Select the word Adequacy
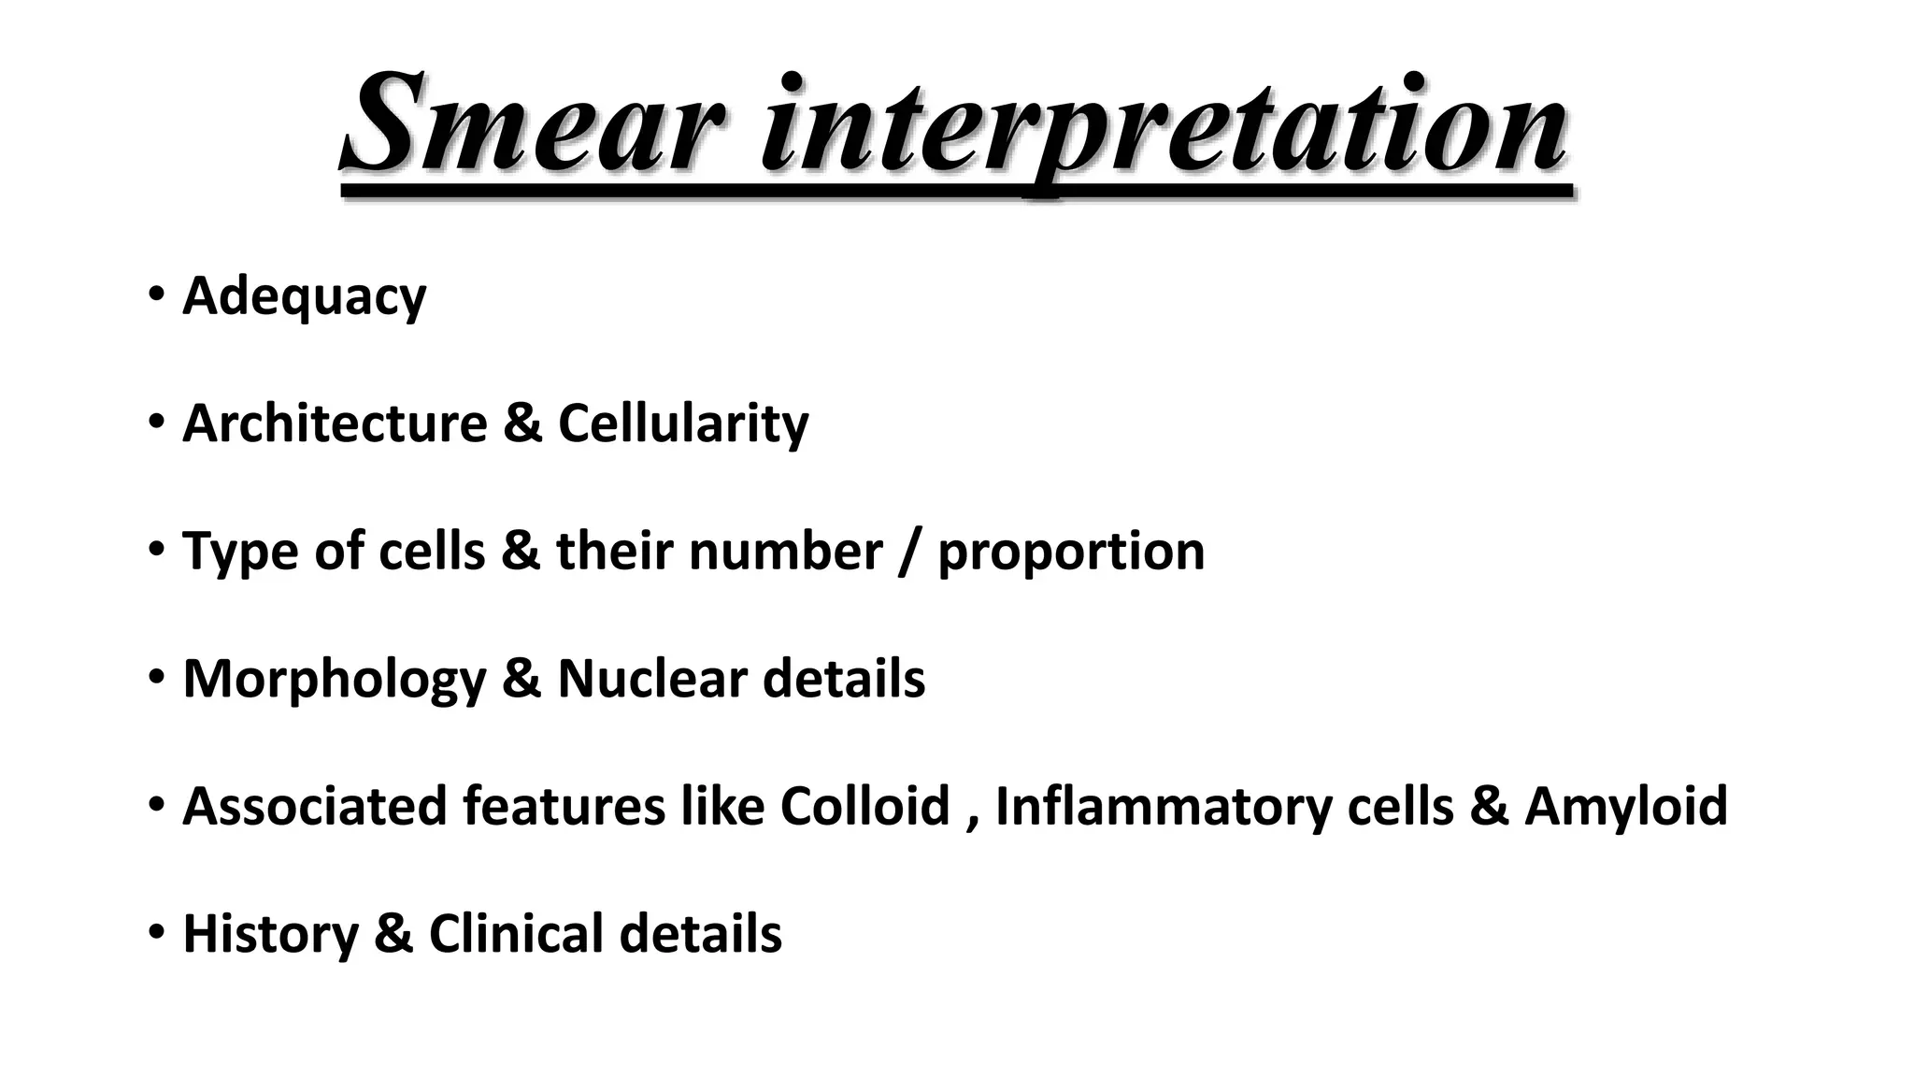(x=304, y=296)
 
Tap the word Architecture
(x=335, y=424)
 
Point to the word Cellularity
(x=683, y=424)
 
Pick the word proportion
(x=1071, y=552)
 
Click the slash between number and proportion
(x=910, y=552)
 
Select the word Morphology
(x=334, y=679)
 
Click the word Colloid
(x=864, y=806)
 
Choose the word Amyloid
(x=1626, y=806)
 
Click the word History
(x=270, y=934)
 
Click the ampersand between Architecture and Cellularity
(x=522, y=424)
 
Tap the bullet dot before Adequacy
(x=155, y=295)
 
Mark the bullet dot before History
(x=155, y=932)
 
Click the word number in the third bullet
(x=785, y=552)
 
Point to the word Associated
(x=314, y=806)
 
